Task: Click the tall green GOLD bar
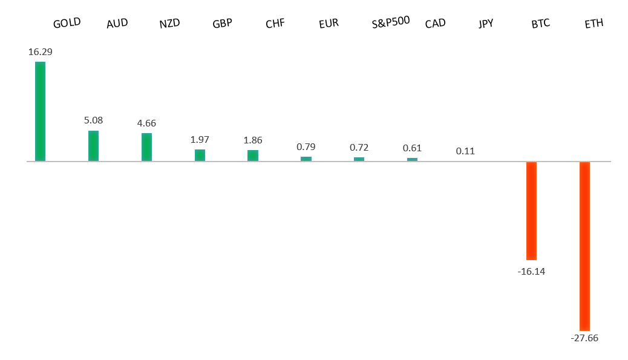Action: (40, 111)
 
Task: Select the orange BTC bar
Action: (531, 211)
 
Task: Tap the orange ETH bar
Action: (584, 246)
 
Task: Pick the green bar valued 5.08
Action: (93, 146)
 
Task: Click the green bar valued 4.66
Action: (146, 147)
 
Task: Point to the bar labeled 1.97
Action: (200, 155)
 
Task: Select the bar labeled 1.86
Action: (253, 155)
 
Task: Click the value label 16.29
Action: (40, 52)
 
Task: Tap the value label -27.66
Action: (584, 338)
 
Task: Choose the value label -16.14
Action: (531, 272)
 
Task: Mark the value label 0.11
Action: (465, 151)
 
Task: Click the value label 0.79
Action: (306, 147)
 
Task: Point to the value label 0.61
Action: (412, 148)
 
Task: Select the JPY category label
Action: (486, 24)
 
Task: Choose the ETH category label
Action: (594, 24)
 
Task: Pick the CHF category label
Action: (275, 24)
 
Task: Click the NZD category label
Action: (169, 24)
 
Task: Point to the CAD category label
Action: (435, 24)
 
